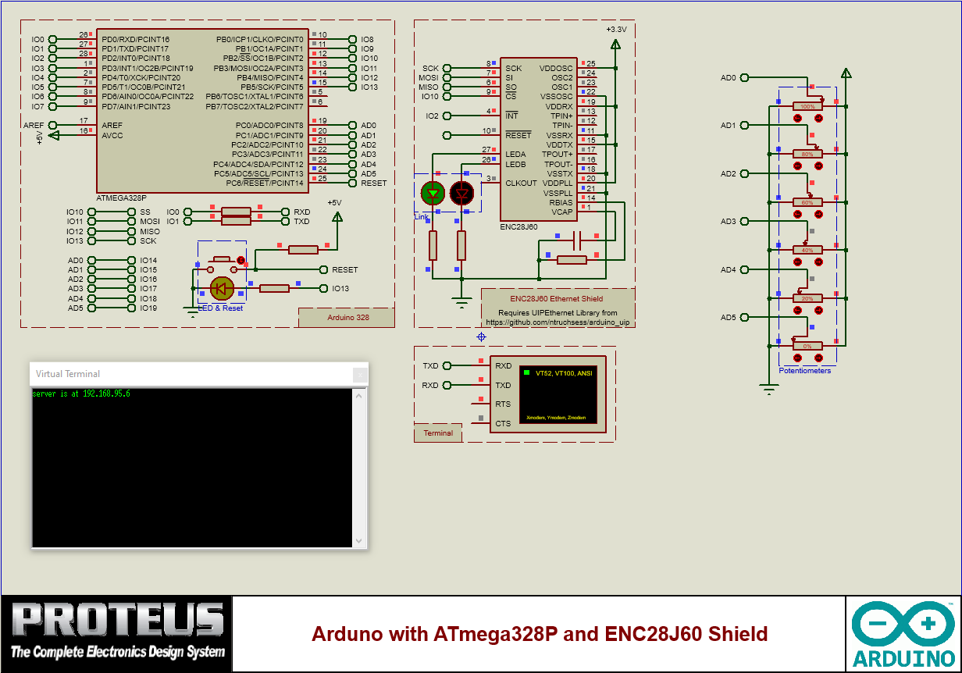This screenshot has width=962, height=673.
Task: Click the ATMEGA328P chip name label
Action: (121, 198)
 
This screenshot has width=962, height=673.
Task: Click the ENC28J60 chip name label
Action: (518, 226)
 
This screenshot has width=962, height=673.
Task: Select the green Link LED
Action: (432, 192)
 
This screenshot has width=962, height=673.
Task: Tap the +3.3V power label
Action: (615, 29)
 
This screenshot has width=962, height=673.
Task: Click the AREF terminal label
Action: (34, 125)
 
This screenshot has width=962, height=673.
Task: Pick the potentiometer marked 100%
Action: (807, 106)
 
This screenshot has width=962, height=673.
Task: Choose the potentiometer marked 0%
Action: (807, 346)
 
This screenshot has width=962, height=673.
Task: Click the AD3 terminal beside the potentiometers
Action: (728, 222)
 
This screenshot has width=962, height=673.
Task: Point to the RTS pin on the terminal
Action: (502, 404)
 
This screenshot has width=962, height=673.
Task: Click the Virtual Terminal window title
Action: (68, 374)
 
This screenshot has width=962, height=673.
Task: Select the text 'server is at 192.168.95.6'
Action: (80, 394)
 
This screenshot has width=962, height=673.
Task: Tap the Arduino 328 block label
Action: (347, 318)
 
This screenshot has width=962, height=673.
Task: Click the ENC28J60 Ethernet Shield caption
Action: (556, 298)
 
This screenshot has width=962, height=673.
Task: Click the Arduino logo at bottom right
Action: (903, 635)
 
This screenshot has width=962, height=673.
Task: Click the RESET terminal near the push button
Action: (344, 270)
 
